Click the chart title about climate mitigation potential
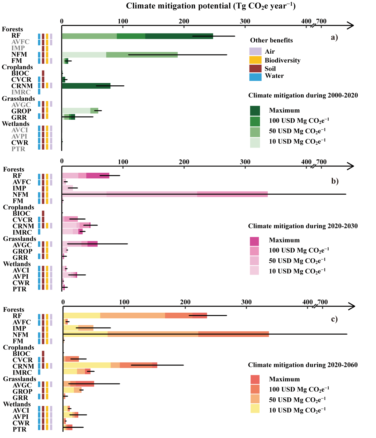[x=211, y=6]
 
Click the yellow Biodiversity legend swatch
[x=255, y=60]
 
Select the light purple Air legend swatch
[x=255, y=52]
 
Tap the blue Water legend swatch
[x=255, y=77]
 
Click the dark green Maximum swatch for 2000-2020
[x=255, y=111]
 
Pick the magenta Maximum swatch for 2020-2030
[x=254, y=241]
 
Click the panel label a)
[x=334, y=37]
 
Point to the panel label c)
[x=334, y=319]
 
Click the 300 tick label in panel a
[x=245, y=21]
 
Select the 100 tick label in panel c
[x=124, y=302]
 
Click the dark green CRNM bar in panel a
[x=86, y=86]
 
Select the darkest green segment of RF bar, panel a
[x=179, y=36]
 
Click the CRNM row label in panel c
[x=23, y=366]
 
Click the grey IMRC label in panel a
[x=21, y=92]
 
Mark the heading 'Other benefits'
[x=271, y=40]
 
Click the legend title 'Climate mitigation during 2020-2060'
[x=303, y=365]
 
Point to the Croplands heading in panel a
[x=17, y=67]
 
